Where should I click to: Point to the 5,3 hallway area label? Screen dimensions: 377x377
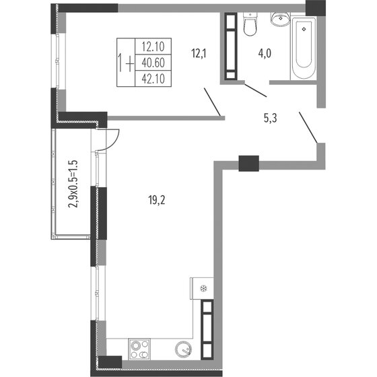pyautogui.click(x=271, y=118)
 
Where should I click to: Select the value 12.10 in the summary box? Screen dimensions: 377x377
pyautogui.click(x=154, y=46)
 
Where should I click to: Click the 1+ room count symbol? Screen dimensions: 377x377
pyautogui.click(x=125, y=63)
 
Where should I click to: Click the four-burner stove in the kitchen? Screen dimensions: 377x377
pyautogui.click(x=141, y=349)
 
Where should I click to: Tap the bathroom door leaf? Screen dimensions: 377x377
pyautogui.click(x=255, y=90)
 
